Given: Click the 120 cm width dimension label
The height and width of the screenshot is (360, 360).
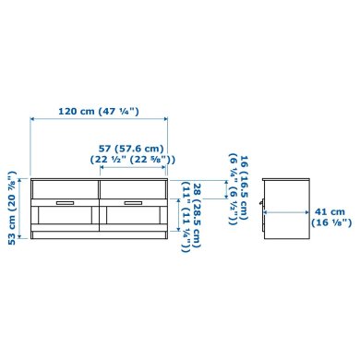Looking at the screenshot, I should (x=84, y=111).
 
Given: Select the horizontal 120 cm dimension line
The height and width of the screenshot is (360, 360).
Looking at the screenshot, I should (x=100, y=119).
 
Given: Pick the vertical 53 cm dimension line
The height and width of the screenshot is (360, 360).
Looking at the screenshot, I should (x=25, y=206).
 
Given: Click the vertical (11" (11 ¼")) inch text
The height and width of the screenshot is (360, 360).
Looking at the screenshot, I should (x=186, y=217).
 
